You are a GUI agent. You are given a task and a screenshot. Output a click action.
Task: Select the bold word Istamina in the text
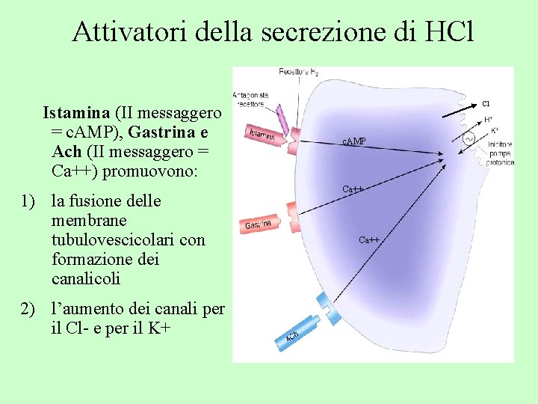pyautogui.click(x=77, y=114)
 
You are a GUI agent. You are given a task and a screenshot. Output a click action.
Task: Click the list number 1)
pyautogui.click(x=29, y=201)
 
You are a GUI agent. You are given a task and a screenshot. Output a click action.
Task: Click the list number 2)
pyautogui.click(x=29, y=307)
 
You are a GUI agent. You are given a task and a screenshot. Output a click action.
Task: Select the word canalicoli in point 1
pyautogui.click(x=86, y=279)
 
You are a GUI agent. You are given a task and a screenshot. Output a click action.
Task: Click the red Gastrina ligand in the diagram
pyautogui.click(x=258, y=224)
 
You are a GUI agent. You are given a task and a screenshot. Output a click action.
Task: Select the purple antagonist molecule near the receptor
pyautogui.click(x=280, y=119)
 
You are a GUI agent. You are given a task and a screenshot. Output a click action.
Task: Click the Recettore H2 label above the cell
pyautogui.click(x=298, y=72)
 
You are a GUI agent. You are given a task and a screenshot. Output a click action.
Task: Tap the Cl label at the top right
pyautogui.click(x=486, y=103)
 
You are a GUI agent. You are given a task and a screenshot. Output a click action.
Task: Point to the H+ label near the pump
pyautogui.click(x=488, y=120)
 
